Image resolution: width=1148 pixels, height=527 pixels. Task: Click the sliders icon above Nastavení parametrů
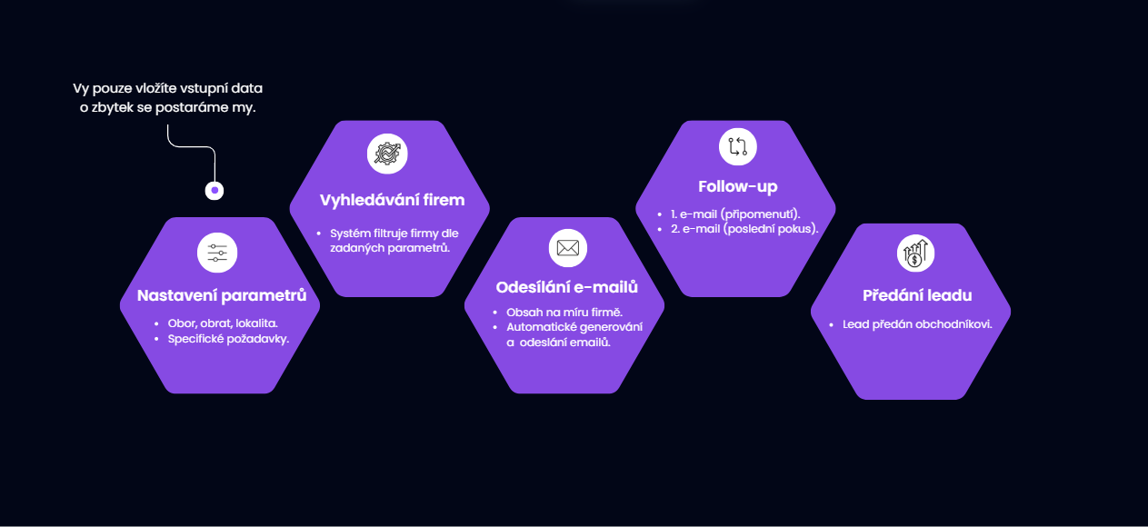tap(217, 253)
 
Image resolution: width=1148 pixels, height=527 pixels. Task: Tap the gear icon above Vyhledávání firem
tap(387, 154)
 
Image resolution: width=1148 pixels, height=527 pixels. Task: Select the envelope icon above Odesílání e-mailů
tap(568, 248)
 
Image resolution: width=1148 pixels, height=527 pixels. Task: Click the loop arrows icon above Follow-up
tap(738, 147)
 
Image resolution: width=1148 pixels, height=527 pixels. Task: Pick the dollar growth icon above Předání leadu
tap(916, 254)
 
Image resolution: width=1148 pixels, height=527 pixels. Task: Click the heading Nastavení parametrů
tap(222, 296)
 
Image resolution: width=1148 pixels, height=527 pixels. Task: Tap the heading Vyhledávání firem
tap(392, 200)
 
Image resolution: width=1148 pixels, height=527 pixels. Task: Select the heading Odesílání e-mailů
tap(567, 287)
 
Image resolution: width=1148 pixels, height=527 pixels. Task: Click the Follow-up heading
tap(738, 186)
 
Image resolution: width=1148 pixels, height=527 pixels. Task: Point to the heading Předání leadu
tap(917, 295)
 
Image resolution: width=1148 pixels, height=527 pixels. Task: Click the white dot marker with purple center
tap(215, 191)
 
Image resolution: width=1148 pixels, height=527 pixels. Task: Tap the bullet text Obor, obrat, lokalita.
tap(223, 323)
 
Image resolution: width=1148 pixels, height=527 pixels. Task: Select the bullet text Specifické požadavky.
tap(228, 339)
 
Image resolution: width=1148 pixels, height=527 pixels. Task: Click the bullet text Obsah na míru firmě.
tap(564, 313)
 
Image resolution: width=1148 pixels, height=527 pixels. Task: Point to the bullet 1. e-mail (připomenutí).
tap(735, 214)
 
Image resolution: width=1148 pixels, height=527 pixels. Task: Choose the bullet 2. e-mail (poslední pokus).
tap(744, 229)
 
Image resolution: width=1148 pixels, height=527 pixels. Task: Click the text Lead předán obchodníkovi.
tap(917, 324)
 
